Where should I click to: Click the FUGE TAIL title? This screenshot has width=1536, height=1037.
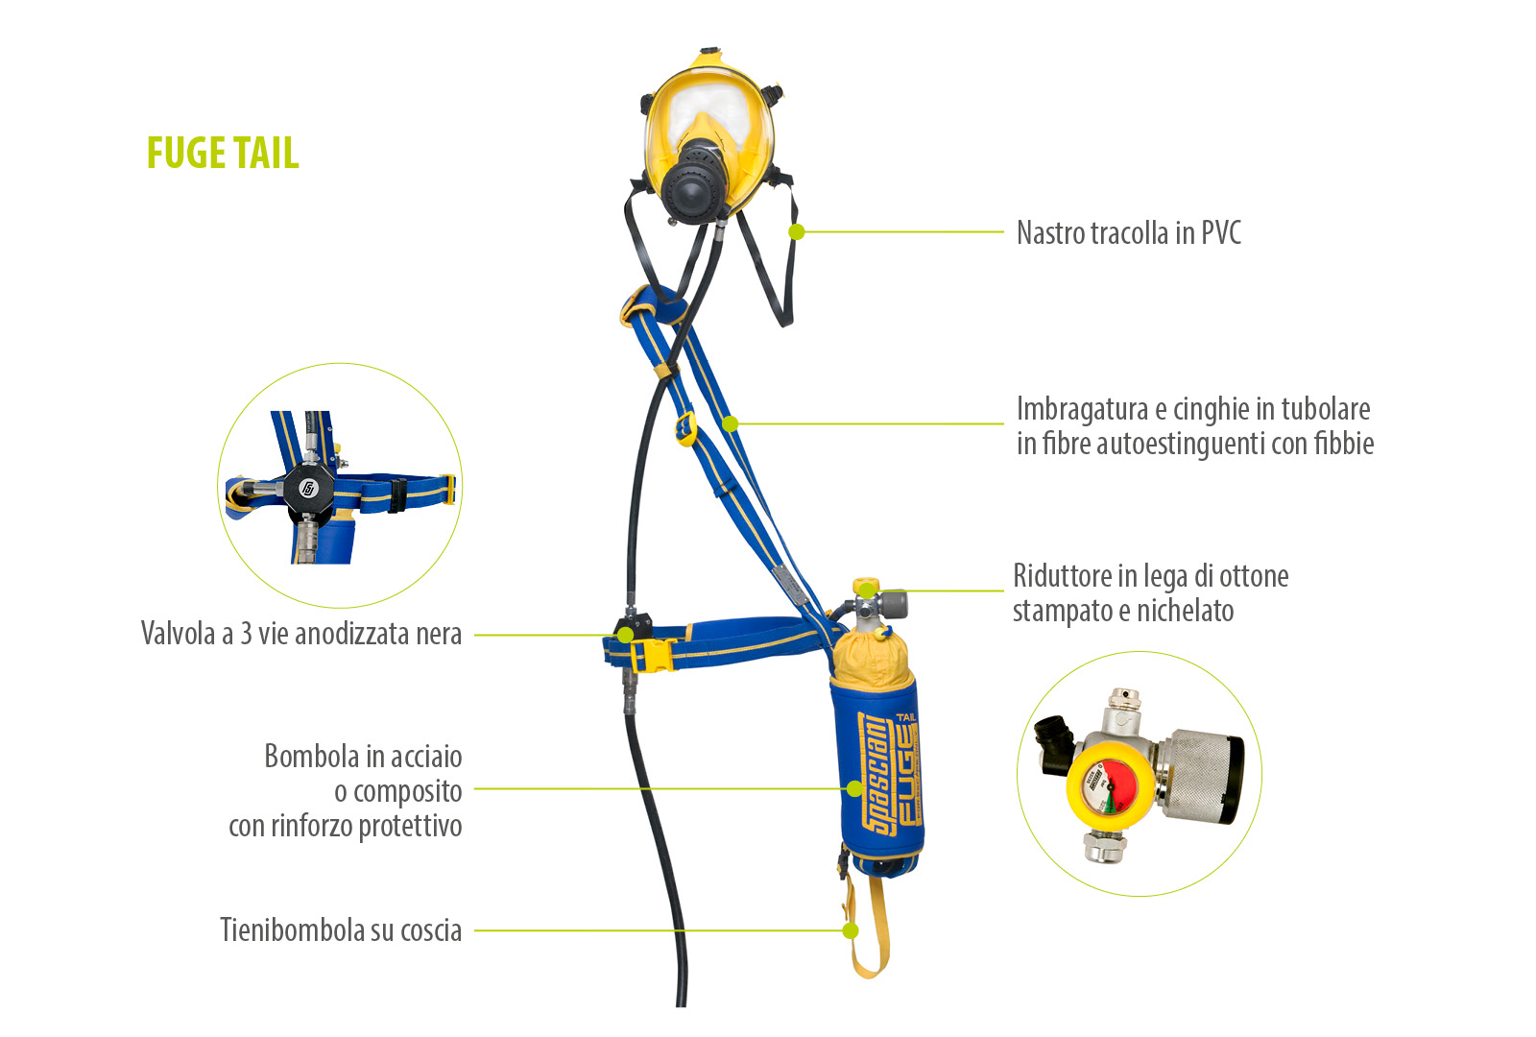[x=223, y=153]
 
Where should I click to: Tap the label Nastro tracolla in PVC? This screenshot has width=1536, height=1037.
[x=1129, y=232]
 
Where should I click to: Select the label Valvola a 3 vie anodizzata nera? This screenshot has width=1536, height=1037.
[x=301, y=634]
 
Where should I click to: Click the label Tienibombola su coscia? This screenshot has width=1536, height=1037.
[x=341, y=930]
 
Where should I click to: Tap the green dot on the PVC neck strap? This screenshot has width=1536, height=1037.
[x=796, y=231]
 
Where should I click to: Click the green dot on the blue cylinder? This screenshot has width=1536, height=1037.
[x=854, y=788]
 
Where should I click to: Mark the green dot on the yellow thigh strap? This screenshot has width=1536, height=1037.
[x=851, y=930]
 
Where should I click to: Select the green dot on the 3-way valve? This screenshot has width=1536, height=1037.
[x=625, y=635]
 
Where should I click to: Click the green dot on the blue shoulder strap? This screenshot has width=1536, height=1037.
[x=731, y=423]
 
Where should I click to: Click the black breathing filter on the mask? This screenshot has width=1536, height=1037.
[x=694, y=181]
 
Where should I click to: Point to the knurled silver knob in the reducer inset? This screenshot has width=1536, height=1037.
[x=1200, y=775]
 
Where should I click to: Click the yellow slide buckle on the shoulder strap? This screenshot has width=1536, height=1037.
[x=685, y=428]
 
